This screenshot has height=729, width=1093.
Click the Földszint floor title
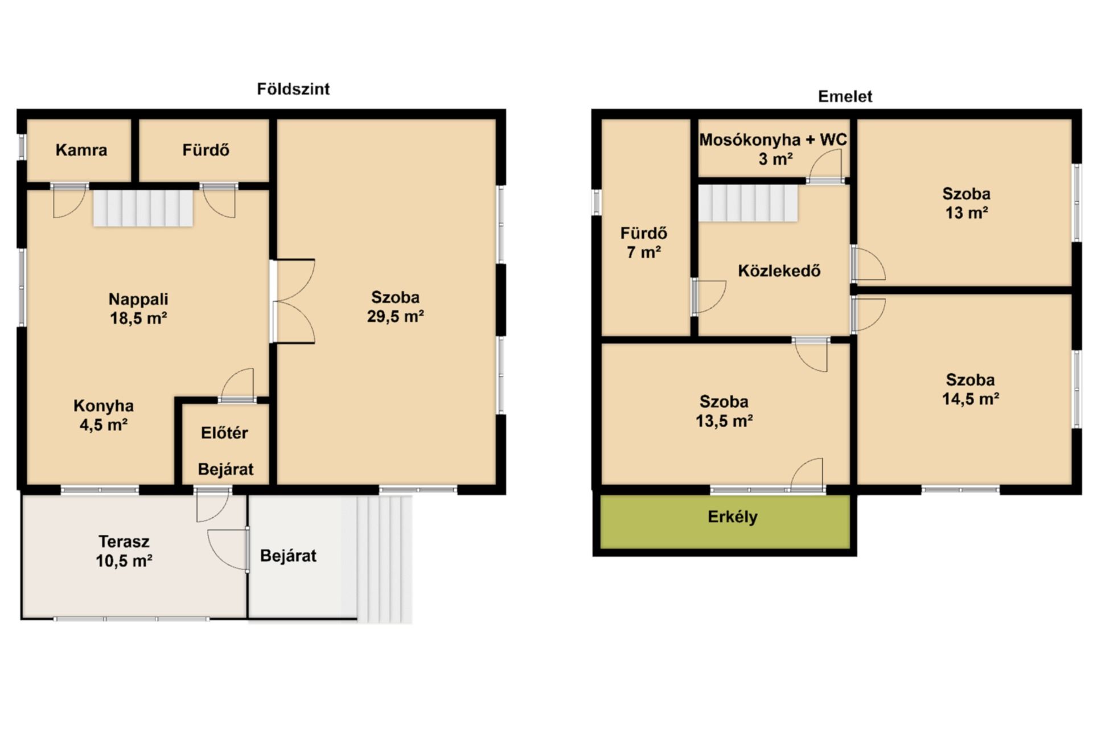point(293,89)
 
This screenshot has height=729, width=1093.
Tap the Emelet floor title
point(845,96)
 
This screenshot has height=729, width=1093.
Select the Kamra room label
point(81,150)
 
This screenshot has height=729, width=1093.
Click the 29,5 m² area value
point(395,316)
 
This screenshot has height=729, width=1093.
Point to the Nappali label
point(138,299)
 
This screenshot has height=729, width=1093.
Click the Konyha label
point(104,406)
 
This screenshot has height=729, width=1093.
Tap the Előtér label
point(224,433)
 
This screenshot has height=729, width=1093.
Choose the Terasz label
point(124,541)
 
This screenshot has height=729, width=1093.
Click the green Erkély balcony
point(725,522)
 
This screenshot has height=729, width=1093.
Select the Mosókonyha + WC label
point(773,140)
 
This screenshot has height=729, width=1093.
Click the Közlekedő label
point(779,271)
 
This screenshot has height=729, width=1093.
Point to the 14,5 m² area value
point(971,399)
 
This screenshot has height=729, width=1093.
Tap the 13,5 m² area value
point(724,421)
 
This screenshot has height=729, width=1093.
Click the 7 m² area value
point(644,252)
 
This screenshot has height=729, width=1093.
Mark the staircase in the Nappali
point(143,208)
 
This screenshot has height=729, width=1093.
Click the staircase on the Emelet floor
point(748,203)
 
